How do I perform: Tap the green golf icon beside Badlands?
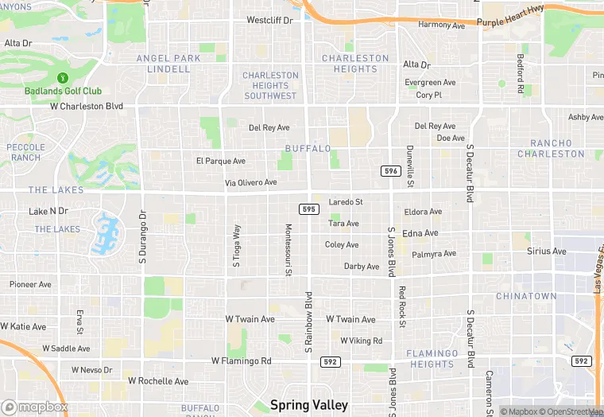tap(62, 78)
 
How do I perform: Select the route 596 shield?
tap(389, 171)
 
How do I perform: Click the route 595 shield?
tap(310, 208)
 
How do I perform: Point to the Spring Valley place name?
tap(309, 405)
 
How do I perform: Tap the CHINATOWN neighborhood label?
tap(526, 296)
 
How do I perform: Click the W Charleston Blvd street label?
tap(87, 106)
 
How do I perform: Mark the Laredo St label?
tap(346, 202)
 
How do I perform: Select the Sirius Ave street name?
tap(547, 251)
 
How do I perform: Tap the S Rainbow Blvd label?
tap(308, 322)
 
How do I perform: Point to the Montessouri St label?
tap(288, 250)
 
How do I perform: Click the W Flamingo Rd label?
tap(242, 360)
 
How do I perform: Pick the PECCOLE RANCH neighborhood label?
tap(25, 152)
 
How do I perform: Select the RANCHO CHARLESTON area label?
tap(551, 148)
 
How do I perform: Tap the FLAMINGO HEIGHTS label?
tap(432, 359)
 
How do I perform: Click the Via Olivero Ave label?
tap(250, 182)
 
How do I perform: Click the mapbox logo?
tap(35, 407)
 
